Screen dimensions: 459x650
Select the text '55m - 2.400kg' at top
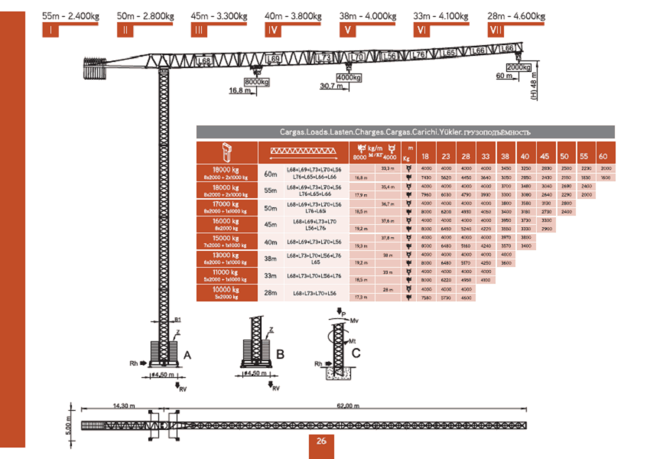tap(70, 16)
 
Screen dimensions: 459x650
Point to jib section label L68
tap(204, 60)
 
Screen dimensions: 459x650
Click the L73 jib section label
tap(323, 57)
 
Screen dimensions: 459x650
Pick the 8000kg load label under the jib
tap(258, 81)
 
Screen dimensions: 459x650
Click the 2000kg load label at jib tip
tap(518, 67)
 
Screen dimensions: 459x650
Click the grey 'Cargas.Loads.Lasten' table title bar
tap(405, 132)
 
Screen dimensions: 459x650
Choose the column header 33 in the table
tap(485, 156)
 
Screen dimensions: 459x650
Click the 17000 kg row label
tap(227, 206)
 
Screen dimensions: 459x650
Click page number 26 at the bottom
tap(322, 441)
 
